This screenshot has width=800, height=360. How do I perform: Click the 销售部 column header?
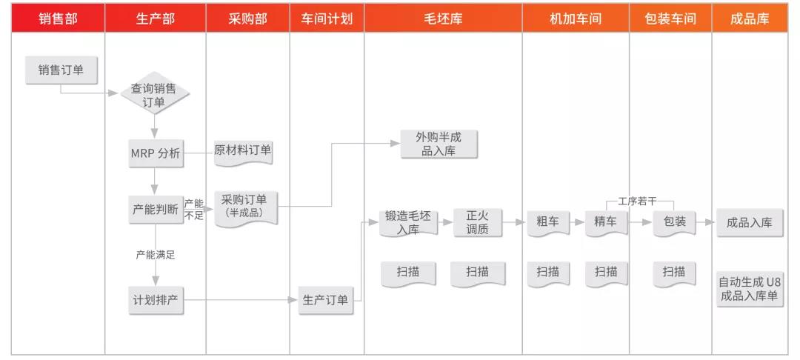[59, 19]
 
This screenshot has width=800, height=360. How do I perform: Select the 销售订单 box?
[61, 70]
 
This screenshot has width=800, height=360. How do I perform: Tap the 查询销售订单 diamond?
[155, 96]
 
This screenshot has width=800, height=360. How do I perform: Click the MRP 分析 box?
[155, 153]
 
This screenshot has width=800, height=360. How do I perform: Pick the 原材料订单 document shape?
[243, 151]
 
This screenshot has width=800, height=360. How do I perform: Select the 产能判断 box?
[155, 209]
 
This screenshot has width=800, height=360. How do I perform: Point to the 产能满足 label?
[155, 255]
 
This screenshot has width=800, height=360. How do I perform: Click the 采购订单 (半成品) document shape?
[245, 207]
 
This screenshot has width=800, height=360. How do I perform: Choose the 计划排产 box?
[155, 300]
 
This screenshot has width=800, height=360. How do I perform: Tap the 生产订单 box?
[325, 300]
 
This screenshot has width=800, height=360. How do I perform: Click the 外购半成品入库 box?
[439, 144]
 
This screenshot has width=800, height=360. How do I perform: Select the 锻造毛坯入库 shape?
[408, 223]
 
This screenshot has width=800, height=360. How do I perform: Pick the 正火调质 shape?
[478, 223]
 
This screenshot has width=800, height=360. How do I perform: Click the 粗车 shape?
[548, 222]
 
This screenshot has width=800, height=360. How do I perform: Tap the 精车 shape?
[606, 222]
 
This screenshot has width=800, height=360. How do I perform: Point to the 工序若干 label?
[637, 201]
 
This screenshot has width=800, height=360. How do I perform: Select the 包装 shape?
[675, 222]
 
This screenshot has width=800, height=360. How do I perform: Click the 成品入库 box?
[750, 222]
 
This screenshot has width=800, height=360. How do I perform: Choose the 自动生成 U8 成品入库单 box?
[750, 289]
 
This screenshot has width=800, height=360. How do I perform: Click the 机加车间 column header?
[576, 19]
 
